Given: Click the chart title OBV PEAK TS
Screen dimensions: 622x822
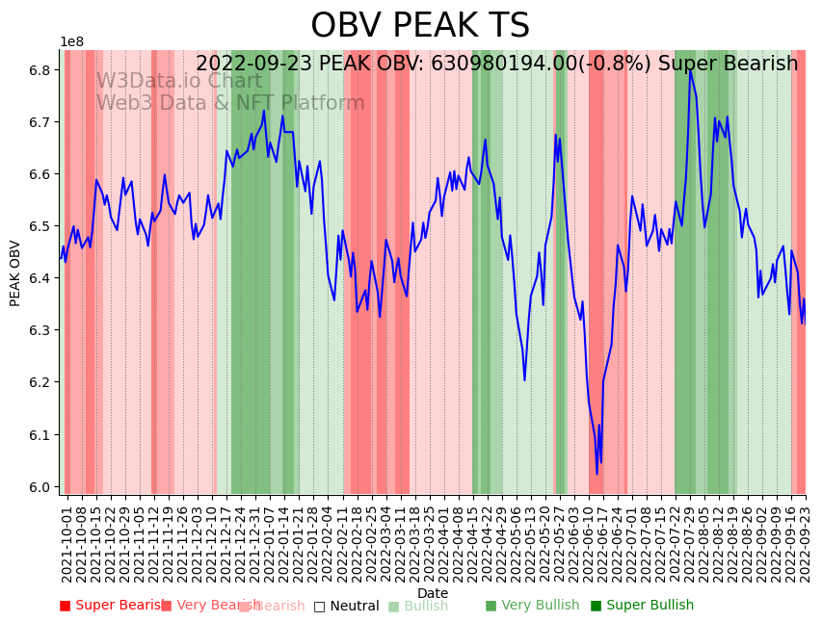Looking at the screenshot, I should [420, 26].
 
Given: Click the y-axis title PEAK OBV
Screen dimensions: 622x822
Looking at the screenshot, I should [15, 273].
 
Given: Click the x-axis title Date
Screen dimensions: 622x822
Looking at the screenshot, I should [433, 593].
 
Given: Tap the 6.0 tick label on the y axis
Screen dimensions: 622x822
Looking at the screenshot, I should [40, 487].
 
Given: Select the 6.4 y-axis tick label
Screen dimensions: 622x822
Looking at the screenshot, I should [40, 278].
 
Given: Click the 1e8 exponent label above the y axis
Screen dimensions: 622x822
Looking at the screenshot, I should [71, 42].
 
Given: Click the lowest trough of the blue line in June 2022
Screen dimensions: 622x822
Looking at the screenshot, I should [597, 473].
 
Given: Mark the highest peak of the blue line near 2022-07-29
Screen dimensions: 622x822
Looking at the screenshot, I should [690, 68].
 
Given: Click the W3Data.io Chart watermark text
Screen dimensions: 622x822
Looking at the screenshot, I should [178, 82].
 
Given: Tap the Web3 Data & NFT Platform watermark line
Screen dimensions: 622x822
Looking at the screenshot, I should [230, 103].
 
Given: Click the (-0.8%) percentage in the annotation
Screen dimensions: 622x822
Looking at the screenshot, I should [617, 64].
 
